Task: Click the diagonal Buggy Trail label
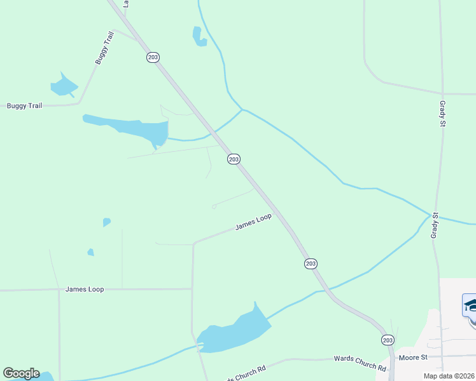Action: coord(104,48)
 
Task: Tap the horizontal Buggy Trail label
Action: coord(24,105)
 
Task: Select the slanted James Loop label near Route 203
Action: coord(253,222)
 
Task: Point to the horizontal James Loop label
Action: coord(84,290)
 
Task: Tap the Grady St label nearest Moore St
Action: coord(435,225)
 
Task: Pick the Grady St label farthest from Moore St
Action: coord(442,113)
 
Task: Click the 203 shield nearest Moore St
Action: coord(388,340)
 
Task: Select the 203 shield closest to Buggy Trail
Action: coord(153,57)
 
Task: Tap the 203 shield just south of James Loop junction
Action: coord(311,264)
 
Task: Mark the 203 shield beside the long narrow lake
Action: coord(234,159)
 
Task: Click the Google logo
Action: coord(21,373)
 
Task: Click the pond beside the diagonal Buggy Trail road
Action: coord(63,86)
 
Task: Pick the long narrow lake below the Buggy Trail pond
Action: coord(130,128)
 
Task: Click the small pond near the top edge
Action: coord(199,37)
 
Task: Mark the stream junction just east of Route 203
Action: coord(242,110)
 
